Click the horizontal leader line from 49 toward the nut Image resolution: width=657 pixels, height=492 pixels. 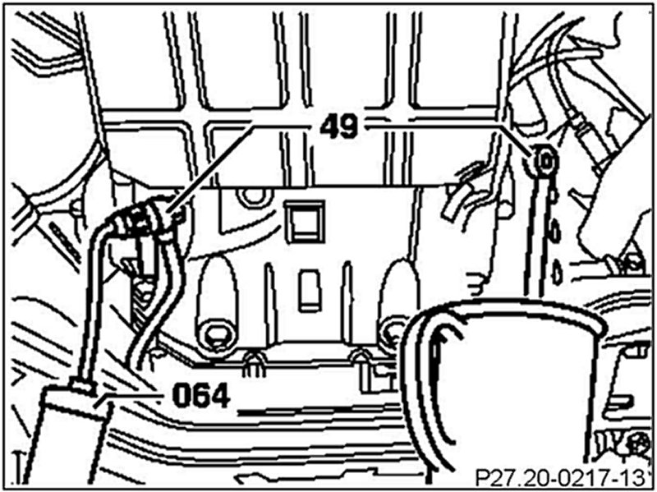tap(435, 126)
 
